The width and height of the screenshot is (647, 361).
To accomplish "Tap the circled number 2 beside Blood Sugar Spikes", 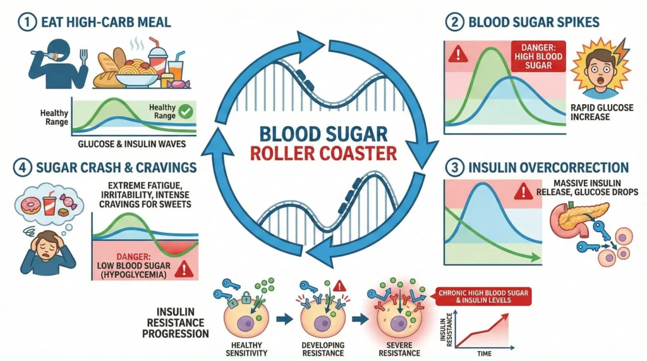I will point(454,23).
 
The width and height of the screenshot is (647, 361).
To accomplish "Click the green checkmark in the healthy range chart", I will point(186,112).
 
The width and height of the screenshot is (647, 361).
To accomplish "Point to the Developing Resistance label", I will point(323,349).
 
